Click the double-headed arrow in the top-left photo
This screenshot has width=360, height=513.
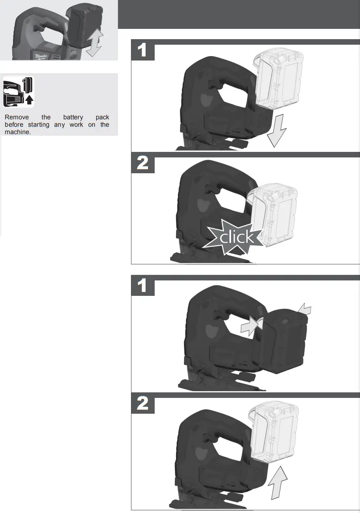pos(95,43)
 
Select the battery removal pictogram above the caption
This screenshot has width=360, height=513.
pos(19,91)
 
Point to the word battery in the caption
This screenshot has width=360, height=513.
pos(73,117)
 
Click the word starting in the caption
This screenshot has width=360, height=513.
pos(39,125)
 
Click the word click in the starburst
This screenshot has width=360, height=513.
pos(237,237)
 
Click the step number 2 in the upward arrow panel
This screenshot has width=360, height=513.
pos(142,404)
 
